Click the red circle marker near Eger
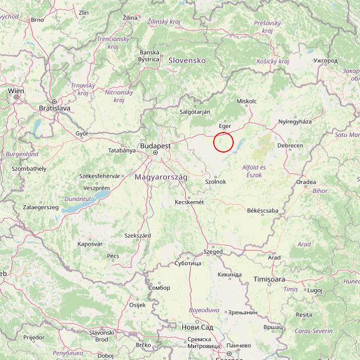pyautogui.click(x=223, y=142)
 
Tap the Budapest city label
pyautogui.click(x=156, y=146)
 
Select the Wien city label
pyautogui.click(x=16, y=91)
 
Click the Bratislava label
pyautogui.click(x=54, y=107)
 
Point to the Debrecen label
pyautogui.click(x=290, y=146)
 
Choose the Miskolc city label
pyautogui.click(x=247, y=101)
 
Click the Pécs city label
pyautogui.click(x=113, y=256)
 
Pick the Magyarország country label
pyautogui.click(x=161, y=178)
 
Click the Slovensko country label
pyautogui.click(x=186, y=60)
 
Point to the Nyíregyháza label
pyautogui.click(x=295, y=122)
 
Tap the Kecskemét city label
pyautogui.click(x=189, y=202)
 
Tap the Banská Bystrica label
pyautogui.click(x=149, y=55)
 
